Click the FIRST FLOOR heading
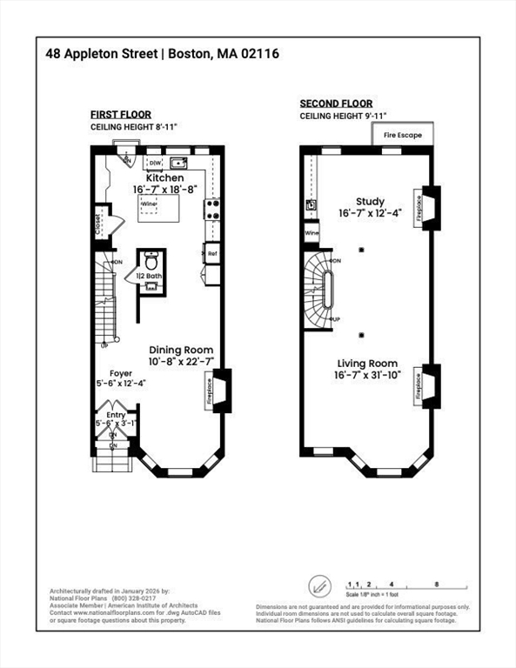pos(121,114)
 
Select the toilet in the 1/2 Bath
pos(151,261)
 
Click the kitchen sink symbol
pos(179,163)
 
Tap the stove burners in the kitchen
pos(211,209)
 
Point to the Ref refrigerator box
pos(211,254)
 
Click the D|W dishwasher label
pos(154,163)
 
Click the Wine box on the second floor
pos(311,233)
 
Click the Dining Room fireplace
pos(211,389)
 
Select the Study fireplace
pos(419,209)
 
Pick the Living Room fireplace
pos(419,386)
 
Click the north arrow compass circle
pos(319,587)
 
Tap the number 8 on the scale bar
pos(437,584)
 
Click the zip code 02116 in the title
pos(259,54)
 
